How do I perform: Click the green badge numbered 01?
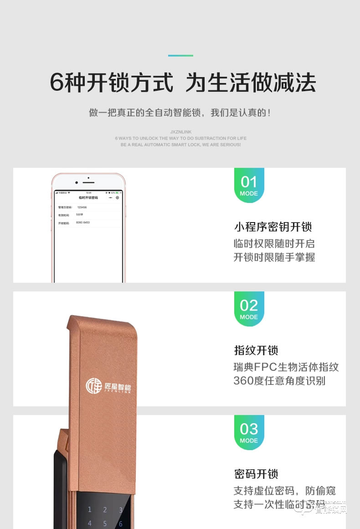249,185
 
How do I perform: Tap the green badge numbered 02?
249,309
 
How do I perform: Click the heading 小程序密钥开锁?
273,227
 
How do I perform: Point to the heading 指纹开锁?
256,350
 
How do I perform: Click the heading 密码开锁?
256,474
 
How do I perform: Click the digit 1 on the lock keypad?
90,510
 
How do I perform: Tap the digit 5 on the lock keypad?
105,524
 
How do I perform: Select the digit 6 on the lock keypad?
121,524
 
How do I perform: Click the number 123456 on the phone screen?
82,207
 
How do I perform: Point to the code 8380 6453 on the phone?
83,223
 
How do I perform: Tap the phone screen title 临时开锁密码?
88,197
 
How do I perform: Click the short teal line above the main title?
180,56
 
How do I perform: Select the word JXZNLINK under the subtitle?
180,132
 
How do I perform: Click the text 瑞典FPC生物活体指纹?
286,367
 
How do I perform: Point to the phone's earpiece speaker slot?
89,182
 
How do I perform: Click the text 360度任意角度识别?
279,381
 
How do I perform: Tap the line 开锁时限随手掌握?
274,257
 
